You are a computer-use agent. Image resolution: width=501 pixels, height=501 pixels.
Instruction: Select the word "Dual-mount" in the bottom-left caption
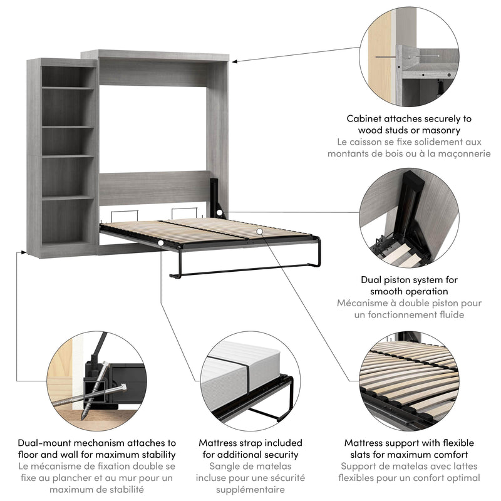tap(45, 443)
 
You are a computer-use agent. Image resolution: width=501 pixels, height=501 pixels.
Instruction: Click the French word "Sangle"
tap(226, 467)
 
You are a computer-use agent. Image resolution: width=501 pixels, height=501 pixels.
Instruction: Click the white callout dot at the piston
tap(220, 213)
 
